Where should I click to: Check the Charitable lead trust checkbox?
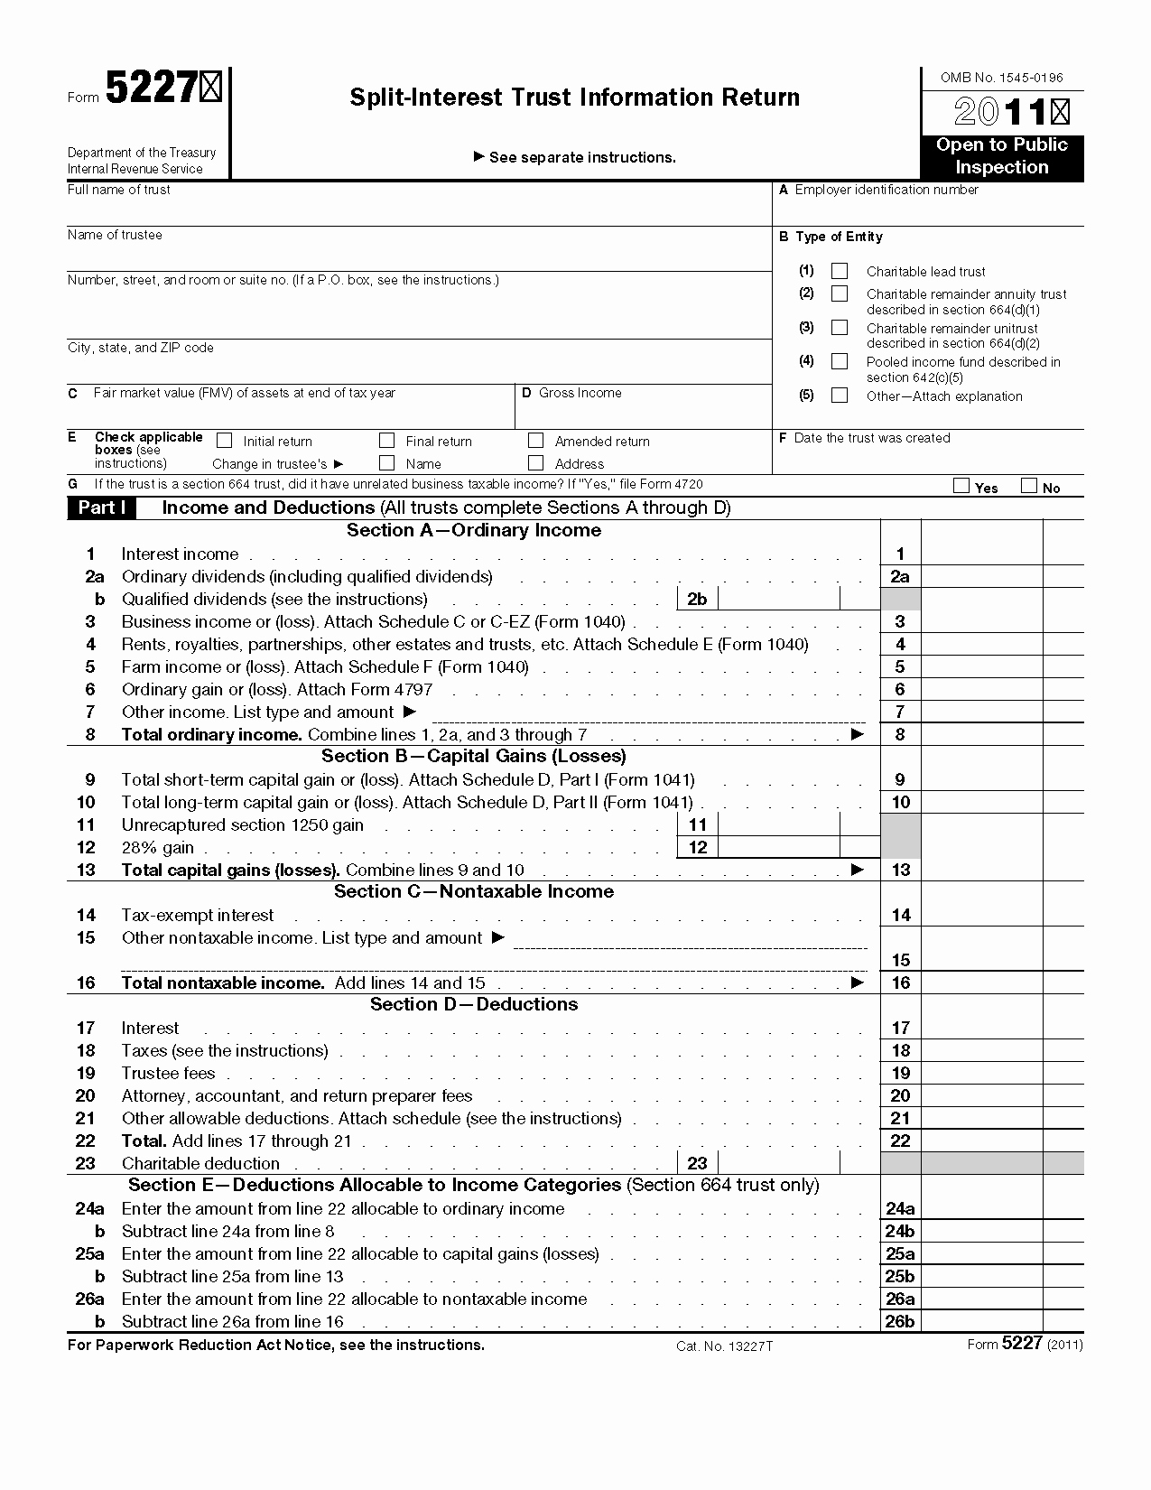[840, 271]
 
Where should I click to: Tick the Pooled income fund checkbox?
[840, 361]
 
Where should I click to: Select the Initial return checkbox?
[225, 441]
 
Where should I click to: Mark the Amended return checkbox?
[536, 441]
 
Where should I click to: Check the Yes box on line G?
[961, 487]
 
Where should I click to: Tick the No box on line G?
[1028, 487]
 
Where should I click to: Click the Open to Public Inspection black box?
[1002, 156]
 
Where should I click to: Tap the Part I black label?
[101, 508]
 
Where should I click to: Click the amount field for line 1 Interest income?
[981, 554]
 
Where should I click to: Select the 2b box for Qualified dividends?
[779, 599]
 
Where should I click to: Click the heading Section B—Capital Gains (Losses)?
[474, 756]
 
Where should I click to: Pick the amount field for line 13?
[981, 870]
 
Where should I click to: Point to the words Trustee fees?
[169, 1073]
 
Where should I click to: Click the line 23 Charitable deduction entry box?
[779, 1163]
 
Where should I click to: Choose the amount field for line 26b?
[981, 1321]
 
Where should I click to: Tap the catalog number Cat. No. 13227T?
[724, 1346]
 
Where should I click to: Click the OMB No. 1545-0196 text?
[1001, 78]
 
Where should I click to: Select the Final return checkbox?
[387, 441]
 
